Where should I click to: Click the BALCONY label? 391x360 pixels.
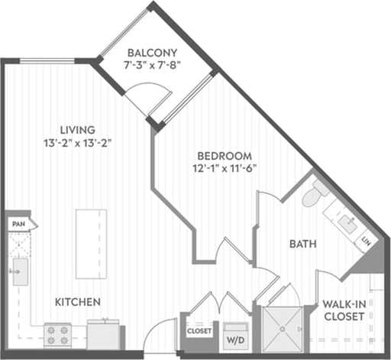[x=152, y=53]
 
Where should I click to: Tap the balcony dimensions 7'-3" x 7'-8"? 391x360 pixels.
[x=152, y=66]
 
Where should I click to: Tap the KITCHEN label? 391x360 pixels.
[x=77, y=302]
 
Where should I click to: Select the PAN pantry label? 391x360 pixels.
[x=18, y=224]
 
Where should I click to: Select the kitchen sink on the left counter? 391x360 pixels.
[x=20, y=271]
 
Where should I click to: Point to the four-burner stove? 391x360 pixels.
[x=57, y=333]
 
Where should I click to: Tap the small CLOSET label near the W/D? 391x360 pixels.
[x=199, y=331]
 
